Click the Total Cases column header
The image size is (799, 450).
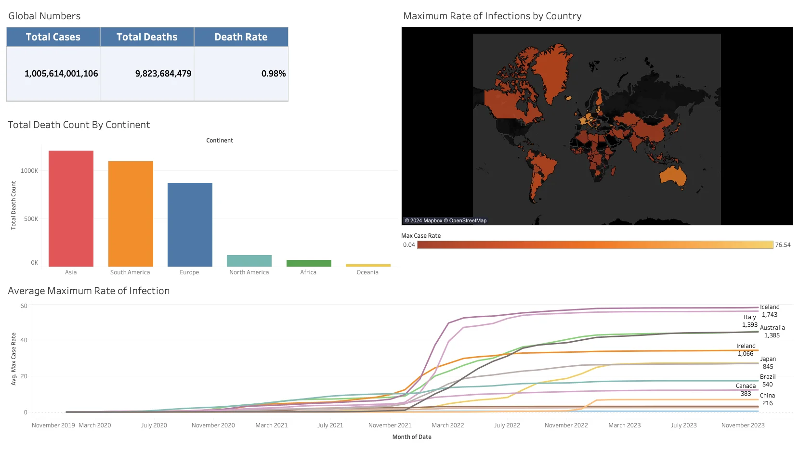[x=53, y=37]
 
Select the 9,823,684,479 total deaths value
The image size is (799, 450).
[x=163, y=74]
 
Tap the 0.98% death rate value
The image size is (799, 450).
[x=273, y=74]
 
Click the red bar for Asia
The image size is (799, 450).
[x=71, y=208]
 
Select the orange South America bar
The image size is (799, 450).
[x=131, y=214]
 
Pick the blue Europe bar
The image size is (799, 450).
[x=190, y=224]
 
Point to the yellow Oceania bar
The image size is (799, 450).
[x=368, y=265]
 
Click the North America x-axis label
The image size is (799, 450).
[x=249, y=272]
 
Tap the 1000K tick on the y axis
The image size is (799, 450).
[x=29, y=171]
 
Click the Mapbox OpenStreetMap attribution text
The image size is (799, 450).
[x=445, y=221]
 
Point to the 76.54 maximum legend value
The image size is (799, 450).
[x=783, y=245]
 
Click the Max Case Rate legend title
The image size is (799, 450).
[x=420, y=236]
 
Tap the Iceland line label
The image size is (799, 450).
[x=770, y=307]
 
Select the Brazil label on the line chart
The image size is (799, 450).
[x=768, y=377]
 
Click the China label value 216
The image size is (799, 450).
[x=767, y=403]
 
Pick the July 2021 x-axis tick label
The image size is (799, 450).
[x=330, y=425]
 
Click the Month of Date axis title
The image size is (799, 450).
[x=412, y=437]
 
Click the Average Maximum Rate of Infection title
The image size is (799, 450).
[x=89, y=291]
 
